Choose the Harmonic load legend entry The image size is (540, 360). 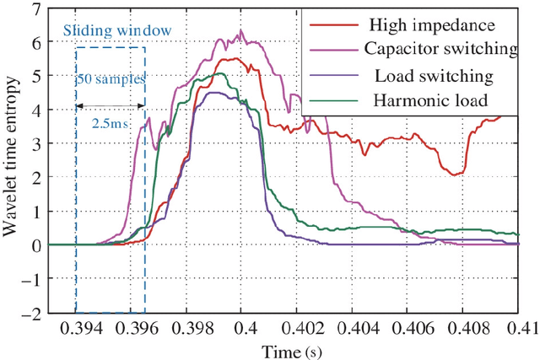427,101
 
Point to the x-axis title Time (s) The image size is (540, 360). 283,349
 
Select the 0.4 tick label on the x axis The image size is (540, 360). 243,326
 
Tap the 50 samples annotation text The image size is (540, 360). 111,80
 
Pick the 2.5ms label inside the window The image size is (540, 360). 110,121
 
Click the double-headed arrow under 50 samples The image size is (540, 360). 110,105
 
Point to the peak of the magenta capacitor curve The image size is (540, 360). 241,32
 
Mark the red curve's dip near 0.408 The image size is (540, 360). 456,175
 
